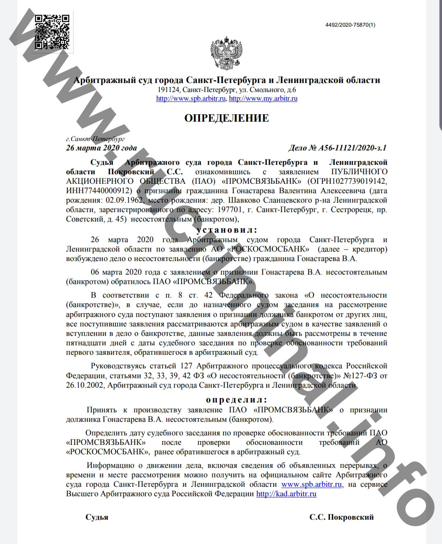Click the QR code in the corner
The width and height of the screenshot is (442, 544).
51,32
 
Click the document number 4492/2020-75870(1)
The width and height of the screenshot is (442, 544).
350,25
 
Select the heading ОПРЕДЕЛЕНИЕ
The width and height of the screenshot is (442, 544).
226,118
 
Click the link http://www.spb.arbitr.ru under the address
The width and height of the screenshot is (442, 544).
191,99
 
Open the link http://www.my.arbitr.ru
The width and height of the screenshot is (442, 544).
263,99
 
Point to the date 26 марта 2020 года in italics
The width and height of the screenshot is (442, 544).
101,148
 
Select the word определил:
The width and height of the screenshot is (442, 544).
236,400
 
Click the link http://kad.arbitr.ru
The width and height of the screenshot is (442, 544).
286,494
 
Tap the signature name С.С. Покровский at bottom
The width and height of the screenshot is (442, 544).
342,517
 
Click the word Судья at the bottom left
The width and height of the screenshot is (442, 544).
97,517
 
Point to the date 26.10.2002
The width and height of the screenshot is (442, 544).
85,385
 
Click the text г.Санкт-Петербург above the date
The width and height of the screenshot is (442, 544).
95,139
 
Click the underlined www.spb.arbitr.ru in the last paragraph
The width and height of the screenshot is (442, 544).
311,484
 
